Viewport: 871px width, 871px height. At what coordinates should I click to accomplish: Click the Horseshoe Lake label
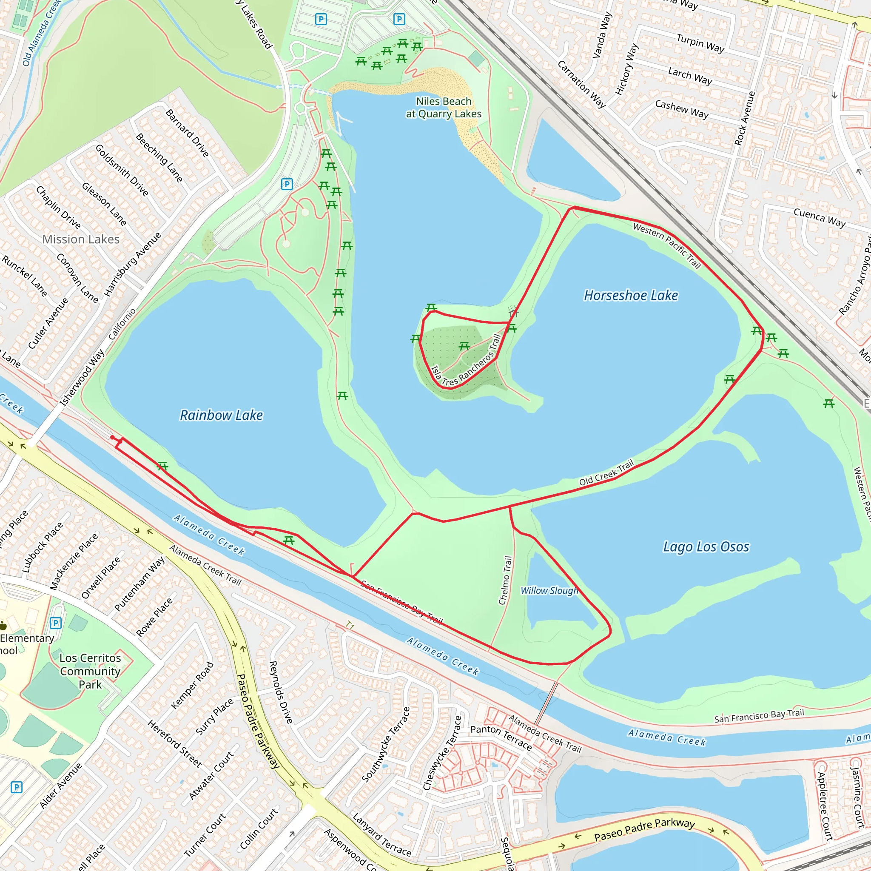tap(631, 296)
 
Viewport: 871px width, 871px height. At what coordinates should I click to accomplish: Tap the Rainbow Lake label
tap(221, 415)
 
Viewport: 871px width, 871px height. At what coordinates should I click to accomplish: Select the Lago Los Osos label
tap(706, 547)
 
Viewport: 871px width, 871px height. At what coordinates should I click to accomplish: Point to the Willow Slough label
tap(549, 591)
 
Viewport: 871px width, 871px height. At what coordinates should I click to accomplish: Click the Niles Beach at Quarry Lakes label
tap(444, 108)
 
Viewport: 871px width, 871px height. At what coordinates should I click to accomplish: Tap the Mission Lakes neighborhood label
tap(81, 239)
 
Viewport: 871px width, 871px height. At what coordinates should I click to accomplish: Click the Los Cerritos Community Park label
tap(90, 671)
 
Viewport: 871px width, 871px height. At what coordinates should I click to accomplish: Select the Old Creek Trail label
tap(606, 473)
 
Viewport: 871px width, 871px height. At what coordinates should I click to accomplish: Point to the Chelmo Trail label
tap(505, 580)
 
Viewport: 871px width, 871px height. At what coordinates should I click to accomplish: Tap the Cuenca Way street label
tap(819, 218)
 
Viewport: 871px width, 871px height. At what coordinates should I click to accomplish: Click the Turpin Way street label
tap(700, 43)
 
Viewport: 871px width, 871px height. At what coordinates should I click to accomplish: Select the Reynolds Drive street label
tap(281, 692)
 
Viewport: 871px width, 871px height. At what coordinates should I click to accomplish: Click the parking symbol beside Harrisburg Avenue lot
tap(287, 184)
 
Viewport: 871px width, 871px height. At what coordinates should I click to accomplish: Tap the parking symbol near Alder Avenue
tap(16, 787)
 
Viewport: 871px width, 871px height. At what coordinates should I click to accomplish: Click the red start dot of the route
tap(112, 437)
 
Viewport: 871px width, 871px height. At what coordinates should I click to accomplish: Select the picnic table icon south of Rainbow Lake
tap(289, 540)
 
